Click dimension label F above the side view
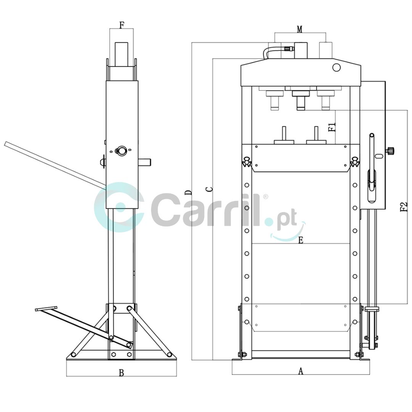(121, 25)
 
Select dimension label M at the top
(300, 29)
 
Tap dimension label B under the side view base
(121, 373)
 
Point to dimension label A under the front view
(301, 371)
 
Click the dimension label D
(188, 192)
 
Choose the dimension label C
(209, 189)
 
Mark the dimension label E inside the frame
(301, 240)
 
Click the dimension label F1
(332, 127)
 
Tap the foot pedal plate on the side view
(46, 309)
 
